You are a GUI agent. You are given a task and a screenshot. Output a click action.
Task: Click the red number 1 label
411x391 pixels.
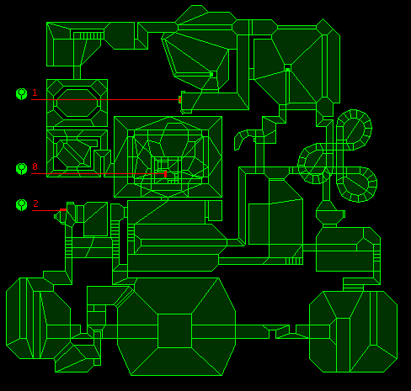point(35,92)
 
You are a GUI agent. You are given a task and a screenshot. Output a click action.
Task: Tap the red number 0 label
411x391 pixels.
point(35,166)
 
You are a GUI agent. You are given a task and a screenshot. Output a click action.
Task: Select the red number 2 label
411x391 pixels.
point(35,203)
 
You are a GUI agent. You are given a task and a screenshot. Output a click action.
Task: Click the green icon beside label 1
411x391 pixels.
point(22,94)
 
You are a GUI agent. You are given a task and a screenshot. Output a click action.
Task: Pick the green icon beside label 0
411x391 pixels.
point(22,168)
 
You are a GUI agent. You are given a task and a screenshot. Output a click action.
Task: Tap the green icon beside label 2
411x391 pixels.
point(22,205)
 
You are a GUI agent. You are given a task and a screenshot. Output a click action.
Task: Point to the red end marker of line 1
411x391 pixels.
point(180,99)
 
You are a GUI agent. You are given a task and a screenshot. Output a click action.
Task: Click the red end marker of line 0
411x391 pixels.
point(165,174)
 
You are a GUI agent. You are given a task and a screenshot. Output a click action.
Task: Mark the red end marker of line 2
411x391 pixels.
point(63,209)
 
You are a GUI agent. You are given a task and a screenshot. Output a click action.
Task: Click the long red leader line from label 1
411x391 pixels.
point(105,99)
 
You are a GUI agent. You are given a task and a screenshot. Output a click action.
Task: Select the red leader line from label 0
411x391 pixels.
point(98,174)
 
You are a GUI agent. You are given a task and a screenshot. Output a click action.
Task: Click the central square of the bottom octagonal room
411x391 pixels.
point(174,330)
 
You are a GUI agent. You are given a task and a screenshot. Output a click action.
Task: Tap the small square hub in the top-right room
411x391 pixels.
point(287,68)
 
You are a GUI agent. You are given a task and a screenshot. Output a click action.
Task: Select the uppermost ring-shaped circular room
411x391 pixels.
point(354,129)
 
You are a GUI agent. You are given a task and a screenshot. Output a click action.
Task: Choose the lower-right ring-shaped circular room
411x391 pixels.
point(357,184)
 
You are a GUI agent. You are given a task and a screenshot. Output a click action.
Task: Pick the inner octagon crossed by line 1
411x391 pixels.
point(77,103)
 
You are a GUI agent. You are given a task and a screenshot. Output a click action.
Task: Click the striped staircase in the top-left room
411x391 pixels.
point(88,35)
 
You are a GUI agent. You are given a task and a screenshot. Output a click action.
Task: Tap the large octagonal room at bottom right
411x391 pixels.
point(353,331)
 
